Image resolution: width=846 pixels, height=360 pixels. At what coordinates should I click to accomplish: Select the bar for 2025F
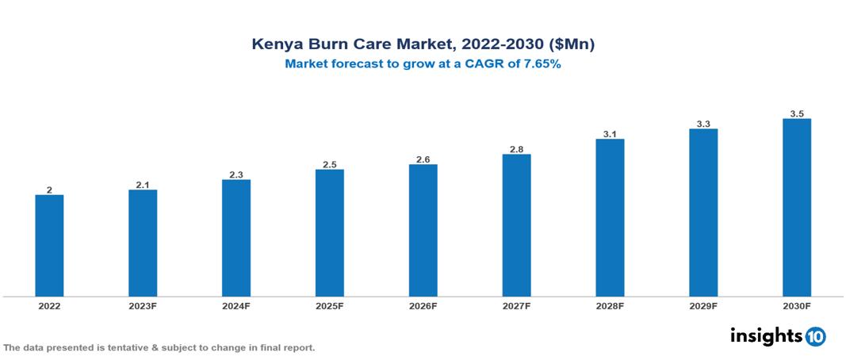[x=329, y=233]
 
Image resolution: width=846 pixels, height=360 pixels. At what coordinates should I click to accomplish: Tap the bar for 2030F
[x=796, y=208]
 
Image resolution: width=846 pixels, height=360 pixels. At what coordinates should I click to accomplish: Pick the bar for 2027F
[x=516, y=225]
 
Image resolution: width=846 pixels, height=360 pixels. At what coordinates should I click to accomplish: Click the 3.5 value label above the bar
[x=797, y=114]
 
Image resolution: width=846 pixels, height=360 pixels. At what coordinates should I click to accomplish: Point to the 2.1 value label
[x=143, y=185]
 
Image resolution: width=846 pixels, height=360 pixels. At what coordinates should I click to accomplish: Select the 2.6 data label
[x=423, y=159]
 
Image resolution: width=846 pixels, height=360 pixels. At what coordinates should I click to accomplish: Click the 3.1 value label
[x=610, y=134]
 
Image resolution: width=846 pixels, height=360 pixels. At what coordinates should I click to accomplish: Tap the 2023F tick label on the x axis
[x=143, y=306]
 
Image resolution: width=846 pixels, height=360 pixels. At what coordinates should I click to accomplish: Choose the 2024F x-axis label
[x=236, y=306]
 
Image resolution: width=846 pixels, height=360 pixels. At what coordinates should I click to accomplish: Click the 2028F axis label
[x=610, y=306]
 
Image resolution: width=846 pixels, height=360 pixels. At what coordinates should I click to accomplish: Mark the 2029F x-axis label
[x=703, y=306]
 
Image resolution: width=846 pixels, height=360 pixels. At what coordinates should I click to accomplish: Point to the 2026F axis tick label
[x=423, y=306]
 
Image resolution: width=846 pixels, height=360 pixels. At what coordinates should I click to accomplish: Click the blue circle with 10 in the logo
[x=815, y=336]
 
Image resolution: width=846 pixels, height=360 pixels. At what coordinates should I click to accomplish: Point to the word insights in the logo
[x=765, y=335]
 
